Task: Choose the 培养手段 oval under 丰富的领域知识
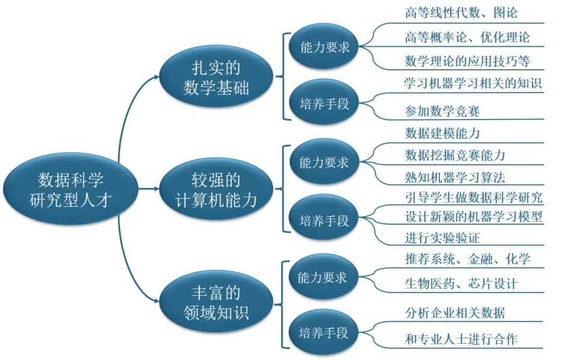pyautogui.click(x=324, y=332)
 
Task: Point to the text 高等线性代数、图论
pyautogui.click(x=461, y=13)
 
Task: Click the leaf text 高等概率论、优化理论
pyautogui.click(x=467, y=37)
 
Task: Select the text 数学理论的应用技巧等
pyautogui.click(x=467, y=61)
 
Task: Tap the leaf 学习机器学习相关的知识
pyautogui.click(x=473, y=84)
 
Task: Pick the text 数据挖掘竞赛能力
pyautogui.click(x=455, y=154)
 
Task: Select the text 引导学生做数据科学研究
pyautogui.click(x=474, y=198)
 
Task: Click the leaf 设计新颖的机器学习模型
pyautogui.click(x=474, y=217)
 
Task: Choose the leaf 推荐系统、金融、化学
pyautogui.click(x=467, y=259)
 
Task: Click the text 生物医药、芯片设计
pyautogui.click(x=461, y=283)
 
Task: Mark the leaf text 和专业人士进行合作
pyautogui.click(x=461, y=339)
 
